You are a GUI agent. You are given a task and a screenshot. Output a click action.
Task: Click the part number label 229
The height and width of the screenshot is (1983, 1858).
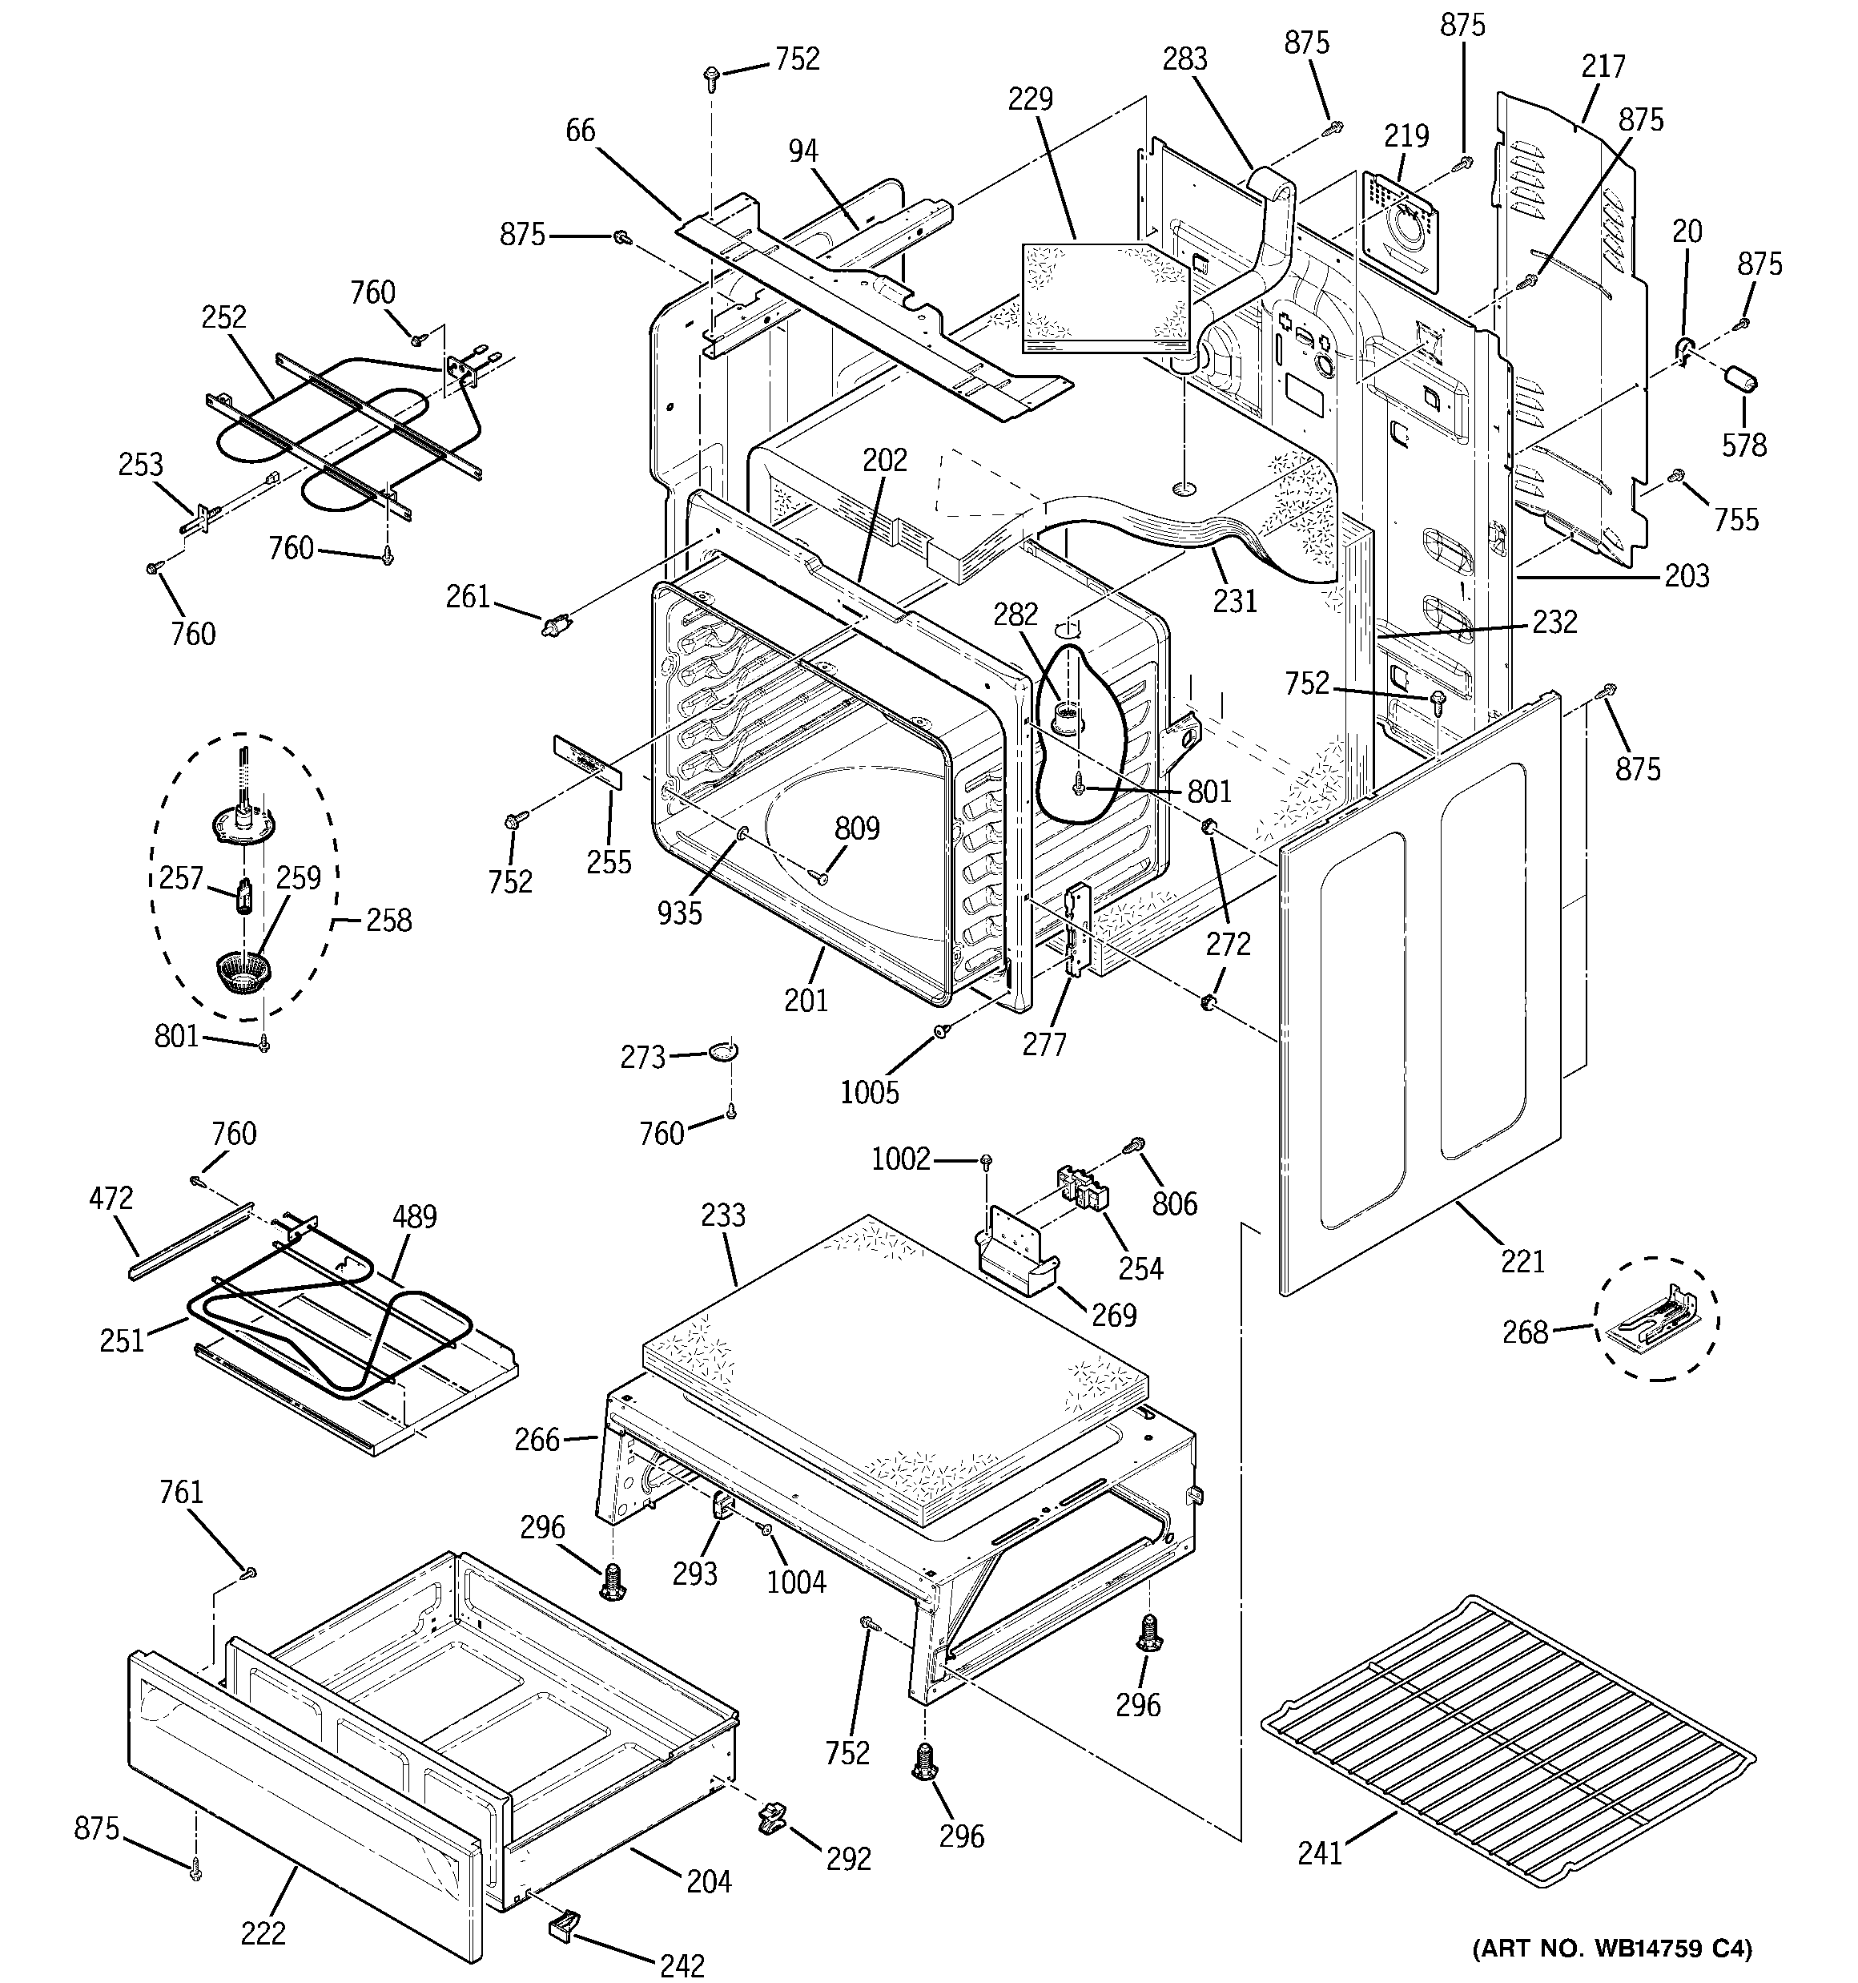point(1030,99)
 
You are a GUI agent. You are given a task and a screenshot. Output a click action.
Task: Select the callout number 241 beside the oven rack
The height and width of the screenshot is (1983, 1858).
point(1321,1852)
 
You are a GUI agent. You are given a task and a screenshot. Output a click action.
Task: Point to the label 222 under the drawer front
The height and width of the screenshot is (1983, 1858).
point(263,1933)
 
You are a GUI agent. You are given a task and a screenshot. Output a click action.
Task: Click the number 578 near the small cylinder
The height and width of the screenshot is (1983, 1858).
point(1744,444)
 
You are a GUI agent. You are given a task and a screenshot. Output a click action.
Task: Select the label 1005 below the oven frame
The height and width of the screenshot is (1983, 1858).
point(869,1092)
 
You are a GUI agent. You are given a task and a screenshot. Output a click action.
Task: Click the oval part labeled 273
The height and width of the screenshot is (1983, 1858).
point(724,1050)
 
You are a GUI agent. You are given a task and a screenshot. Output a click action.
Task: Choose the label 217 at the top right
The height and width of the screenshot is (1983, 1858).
point(1603,66)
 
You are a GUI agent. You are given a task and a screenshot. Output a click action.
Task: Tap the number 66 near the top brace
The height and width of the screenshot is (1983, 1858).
point(581,130)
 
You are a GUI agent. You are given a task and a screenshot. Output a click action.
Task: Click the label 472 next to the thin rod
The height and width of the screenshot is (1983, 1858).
point(110,1197)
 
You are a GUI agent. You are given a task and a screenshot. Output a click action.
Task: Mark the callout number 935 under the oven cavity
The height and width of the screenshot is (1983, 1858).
point(679,912)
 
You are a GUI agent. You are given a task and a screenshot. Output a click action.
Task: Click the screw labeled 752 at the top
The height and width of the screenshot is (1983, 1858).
point(712,75)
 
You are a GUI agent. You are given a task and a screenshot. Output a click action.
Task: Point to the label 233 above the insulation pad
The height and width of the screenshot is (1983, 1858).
point(723,1215)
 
